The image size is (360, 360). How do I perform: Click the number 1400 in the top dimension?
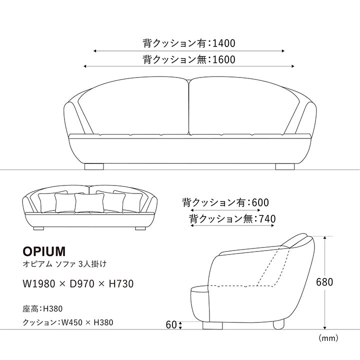[223, 43]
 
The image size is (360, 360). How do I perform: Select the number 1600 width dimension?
[223, 59]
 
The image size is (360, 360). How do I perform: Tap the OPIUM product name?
[44, 249]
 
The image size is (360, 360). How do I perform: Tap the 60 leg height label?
[171, 325]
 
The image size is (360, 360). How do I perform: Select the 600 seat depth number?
[260, 202]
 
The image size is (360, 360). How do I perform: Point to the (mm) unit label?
[328, 338]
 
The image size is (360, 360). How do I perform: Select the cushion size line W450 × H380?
[68, 322]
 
